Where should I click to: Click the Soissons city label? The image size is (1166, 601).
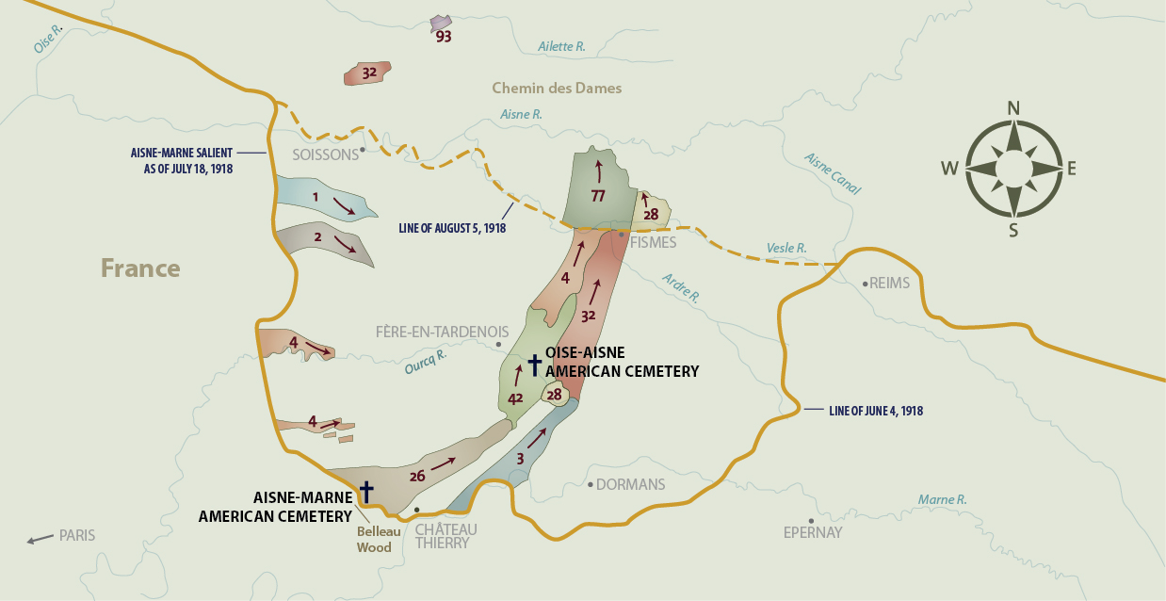tap(325, 154)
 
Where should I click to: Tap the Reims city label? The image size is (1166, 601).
tap(889, 283)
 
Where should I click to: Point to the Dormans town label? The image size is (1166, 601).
tap(632, 485)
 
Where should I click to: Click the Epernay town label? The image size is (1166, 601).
tap(812, 533)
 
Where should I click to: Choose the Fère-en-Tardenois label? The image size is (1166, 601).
tap(442, 333)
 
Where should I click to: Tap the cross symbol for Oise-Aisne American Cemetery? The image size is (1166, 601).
tap(534, 364)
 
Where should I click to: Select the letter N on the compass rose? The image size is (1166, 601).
tap(1013, 107)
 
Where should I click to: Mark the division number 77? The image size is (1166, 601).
tap(598, 196)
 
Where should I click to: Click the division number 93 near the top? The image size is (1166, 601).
tap(443, 37)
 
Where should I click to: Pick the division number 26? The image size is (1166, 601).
tap(417, 476)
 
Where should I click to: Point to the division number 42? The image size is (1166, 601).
tap(515, 398)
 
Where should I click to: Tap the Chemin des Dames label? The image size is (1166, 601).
tap(557, 89)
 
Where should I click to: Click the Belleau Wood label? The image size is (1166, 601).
tap(374, 539)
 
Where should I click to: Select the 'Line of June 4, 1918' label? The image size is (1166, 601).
tap(875, 411)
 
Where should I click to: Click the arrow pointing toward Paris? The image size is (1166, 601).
tap(39, 540)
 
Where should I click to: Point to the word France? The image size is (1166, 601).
tap(140, 268)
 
